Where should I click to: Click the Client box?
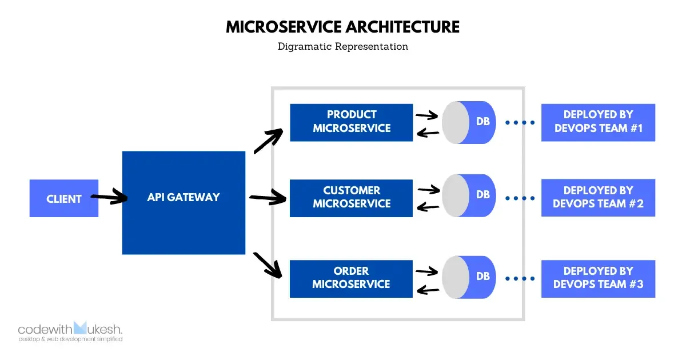tap(63, 198)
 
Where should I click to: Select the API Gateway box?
tap(184, 202)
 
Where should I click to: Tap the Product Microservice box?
tap(351, 122)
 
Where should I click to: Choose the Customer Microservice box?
tap(351, 198)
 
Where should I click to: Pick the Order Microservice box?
tap(351, 278)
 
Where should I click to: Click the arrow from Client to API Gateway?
tap(110, 198)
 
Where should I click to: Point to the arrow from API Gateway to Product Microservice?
tap(268, 141)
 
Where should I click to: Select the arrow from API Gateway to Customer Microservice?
tap(268, 198)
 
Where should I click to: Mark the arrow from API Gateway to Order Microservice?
tap(268, 265)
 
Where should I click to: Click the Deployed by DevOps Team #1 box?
tap(598, 122)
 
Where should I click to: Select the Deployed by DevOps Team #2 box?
tap(598, 198)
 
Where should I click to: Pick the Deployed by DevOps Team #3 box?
tap(598, 278)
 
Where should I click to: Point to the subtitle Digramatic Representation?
tap(343, 47)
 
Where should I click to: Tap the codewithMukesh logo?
tap(70, 331)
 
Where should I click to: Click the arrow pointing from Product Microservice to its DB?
tap(427, 115)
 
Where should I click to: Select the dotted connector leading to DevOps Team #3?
tap(520, 279)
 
